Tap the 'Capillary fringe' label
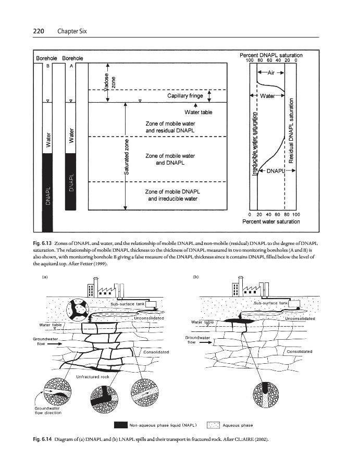point(185,96)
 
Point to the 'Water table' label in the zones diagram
point(198,112)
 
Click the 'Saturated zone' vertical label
point(127,156)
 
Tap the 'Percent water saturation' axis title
point(271,221)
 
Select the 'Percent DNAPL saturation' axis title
point(271,55)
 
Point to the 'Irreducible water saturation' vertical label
point(254,146)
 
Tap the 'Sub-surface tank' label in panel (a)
point(126,303)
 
